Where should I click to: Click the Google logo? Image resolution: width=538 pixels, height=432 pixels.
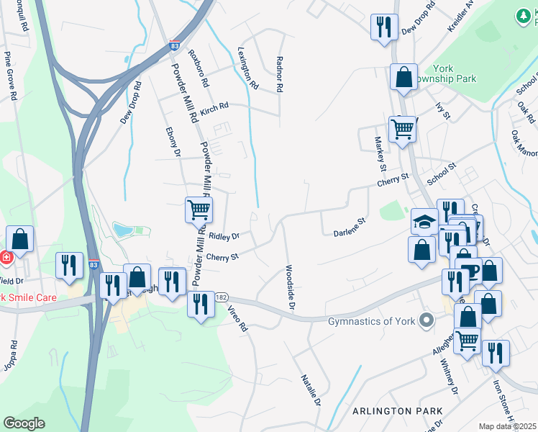tap(24, 423)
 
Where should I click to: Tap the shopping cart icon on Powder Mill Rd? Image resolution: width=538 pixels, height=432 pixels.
tap(199, 210)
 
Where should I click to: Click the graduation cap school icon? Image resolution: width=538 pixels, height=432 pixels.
tap(424, 220)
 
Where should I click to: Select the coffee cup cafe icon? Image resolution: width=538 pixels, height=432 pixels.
tap(470, 270)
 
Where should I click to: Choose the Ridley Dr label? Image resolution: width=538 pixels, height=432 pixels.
tap(224, 235)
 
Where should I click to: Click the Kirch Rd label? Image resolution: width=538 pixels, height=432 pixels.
tap(214, 107)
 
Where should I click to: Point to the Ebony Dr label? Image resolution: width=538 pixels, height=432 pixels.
tap(173, 142)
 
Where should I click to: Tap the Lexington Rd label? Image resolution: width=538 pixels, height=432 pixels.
tap(247, 68)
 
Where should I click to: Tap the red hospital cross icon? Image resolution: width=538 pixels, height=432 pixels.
tap(4, 257)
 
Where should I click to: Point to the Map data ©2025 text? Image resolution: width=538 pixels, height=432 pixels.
tap(508, 426)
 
